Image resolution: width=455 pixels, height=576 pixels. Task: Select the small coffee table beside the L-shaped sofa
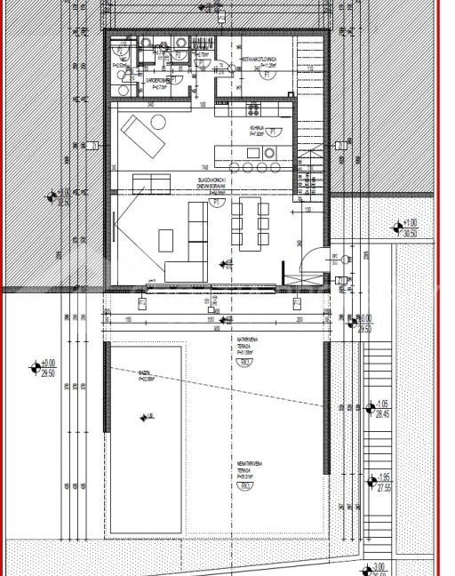[166, 238]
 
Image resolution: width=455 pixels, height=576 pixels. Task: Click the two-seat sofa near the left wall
[152, 183]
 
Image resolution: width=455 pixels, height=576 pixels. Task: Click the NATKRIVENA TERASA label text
[246, 342]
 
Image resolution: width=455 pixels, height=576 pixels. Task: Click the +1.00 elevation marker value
[410, 224]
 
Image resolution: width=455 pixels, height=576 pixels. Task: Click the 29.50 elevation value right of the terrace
[364, 328]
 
